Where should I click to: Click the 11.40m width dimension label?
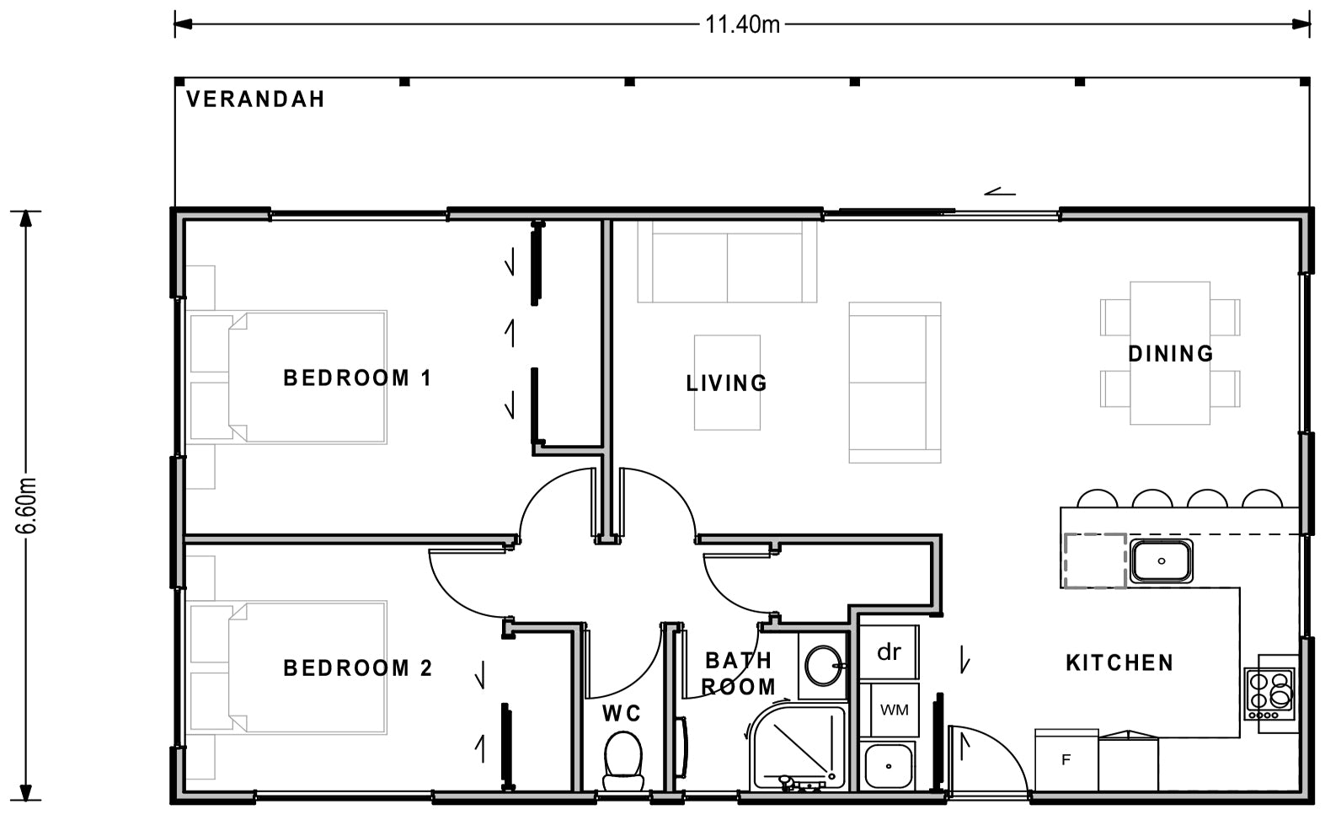click(742, 24)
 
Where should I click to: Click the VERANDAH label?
click(255, 99)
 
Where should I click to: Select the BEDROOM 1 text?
click(357, 378)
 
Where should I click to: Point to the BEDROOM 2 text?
click(357, 668)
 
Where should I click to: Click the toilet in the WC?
click(623, 757)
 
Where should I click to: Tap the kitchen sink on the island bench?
click(1162, 560)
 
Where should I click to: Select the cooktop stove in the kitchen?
click(1269, 693)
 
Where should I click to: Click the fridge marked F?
click(1066, 760)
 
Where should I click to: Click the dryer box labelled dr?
click(889, 652)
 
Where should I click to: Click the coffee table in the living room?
click(727, 383)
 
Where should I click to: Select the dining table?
click(1170, 353)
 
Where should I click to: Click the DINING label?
click(1170, 353)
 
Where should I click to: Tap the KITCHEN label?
click(1119, 662)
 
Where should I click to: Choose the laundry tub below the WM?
click(888, 765)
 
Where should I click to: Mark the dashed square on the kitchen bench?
click(1095, 560)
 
